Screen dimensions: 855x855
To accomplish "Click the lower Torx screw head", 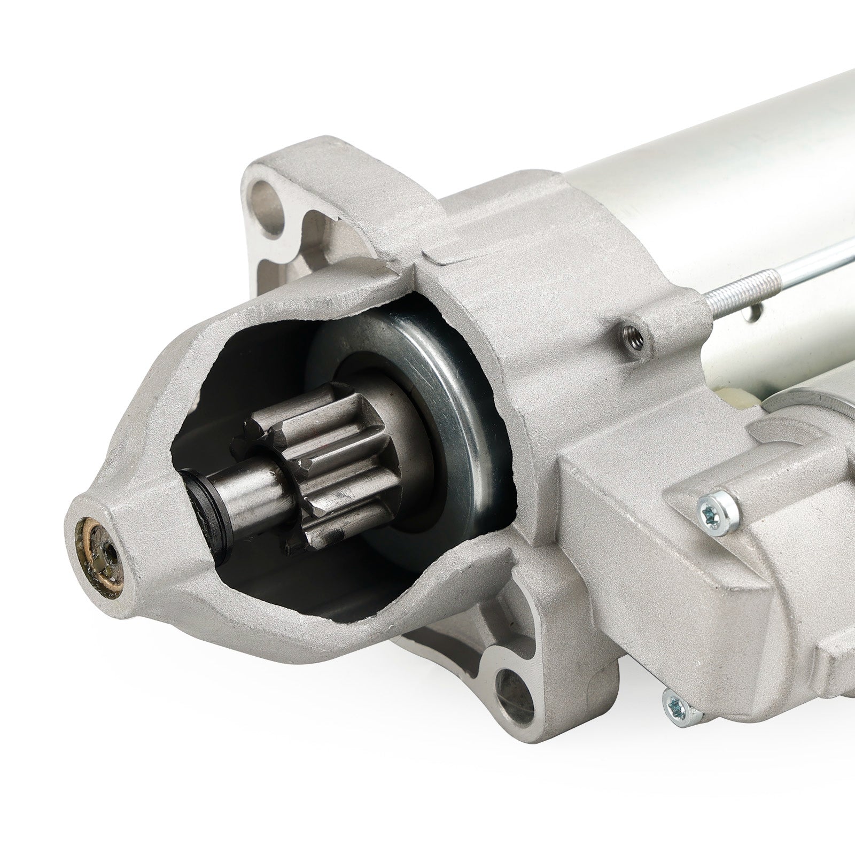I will point(674,704).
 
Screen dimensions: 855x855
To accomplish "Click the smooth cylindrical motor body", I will point(695,160).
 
